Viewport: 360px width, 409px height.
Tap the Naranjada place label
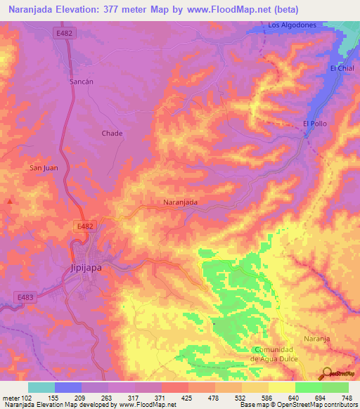180,202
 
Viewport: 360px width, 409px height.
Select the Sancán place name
82,82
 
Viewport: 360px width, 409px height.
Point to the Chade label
112,133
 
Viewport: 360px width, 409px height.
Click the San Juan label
42,167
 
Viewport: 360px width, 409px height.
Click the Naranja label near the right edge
316,339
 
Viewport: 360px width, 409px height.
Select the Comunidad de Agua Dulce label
275,354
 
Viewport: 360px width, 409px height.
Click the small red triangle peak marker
10,201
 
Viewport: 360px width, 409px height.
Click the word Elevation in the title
78,9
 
